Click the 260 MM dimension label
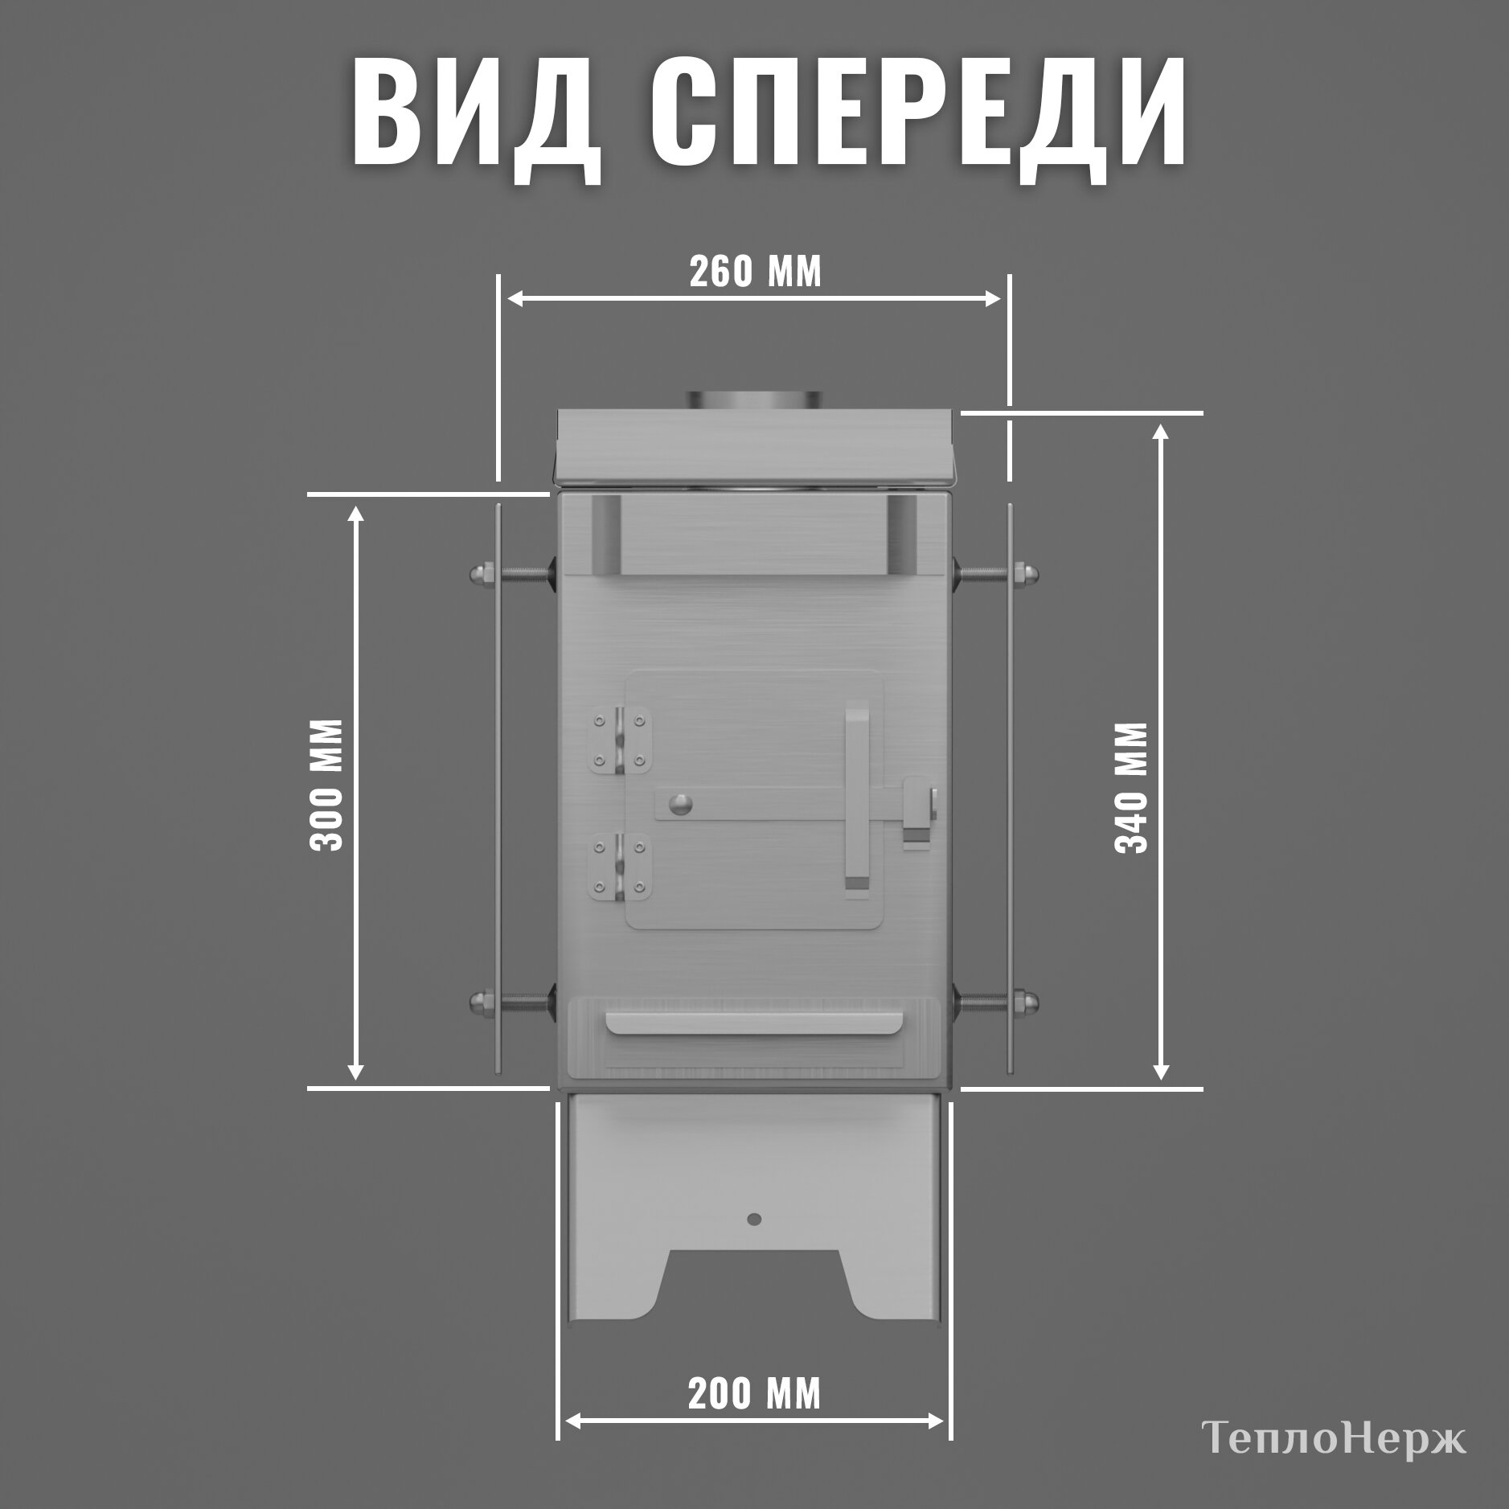[755, 272]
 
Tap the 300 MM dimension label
[326, 785]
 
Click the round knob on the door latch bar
[681, 803]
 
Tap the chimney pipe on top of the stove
[753, 400]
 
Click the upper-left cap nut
[476, 573]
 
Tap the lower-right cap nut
[1031, 1002]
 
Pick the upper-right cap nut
[1031, 573]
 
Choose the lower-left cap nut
[476, 1002]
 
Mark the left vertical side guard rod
[498, 788]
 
